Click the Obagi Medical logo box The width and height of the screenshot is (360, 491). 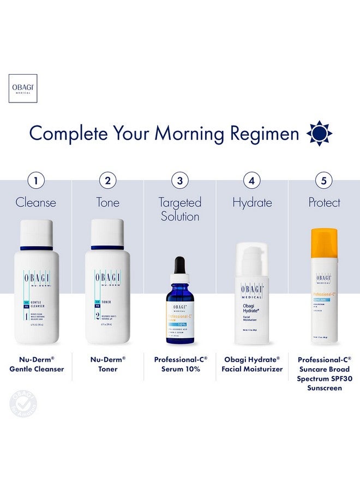[23, 88]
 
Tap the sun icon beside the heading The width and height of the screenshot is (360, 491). [319, 134]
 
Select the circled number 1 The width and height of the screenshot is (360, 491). [36, 181]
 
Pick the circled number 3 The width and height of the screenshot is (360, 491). [180, 181]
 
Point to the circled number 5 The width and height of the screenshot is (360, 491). [324, 181]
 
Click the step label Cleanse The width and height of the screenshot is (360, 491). [36, 202]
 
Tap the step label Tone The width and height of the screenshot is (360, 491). [107, 202]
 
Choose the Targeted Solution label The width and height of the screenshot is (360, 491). [180, 209]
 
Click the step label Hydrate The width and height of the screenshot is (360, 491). [252, 202]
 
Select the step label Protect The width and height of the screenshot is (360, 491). [324, 202]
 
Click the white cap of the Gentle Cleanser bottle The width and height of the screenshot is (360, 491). [37, 233]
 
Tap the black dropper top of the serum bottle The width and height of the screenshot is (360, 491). [179, 266]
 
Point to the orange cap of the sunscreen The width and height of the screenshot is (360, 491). [324, 243]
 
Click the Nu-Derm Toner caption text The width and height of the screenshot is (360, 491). [108, 364]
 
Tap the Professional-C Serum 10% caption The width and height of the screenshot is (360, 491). [180, 364]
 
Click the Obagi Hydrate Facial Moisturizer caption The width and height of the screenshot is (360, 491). [251, 364]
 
